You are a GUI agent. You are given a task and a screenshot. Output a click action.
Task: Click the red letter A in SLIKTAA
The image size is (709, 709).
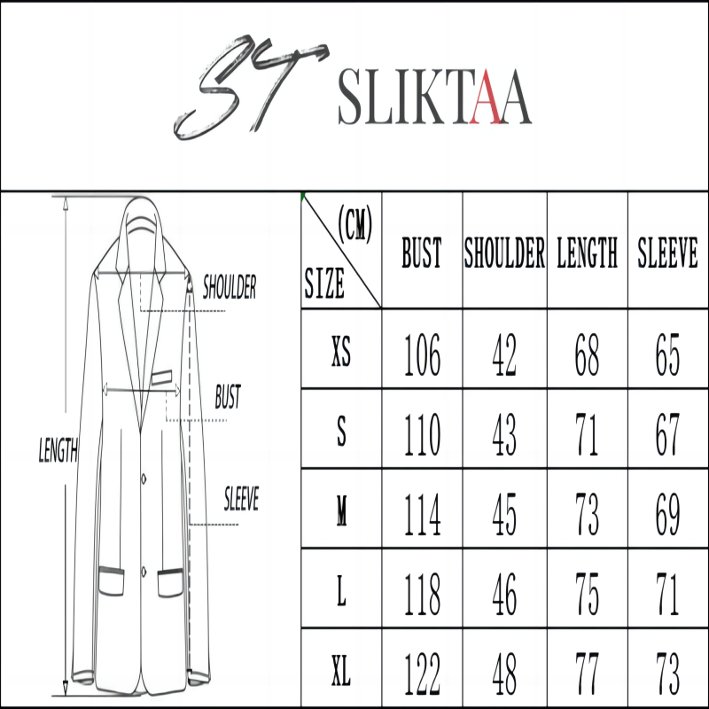(x=485, y=97)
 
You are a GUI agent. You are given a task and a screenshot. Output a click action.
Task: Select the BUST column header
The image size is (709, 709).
(x=422, y=253)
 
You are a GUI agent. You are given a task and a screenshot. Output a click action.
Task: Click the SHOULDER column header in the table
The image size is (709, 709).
(x=504, y=253)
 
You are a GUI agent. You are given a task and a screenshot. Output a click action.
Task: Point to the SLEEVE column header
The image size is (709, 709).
(x=668, y=253)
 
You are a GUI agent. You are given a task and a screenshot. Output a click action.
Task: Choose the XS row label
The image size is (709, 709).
(x=341, y=351)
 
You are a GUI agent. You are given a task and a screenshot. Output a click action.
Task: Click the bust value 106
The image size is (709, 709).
(x=422, y=354)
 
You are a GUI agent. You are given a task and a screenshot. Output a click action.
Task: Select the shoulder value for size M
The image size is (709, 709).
(x=504, y=514)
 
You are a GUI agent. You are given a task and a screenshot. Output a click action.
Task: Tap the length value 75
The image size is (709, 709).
(x=587, y=594)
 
